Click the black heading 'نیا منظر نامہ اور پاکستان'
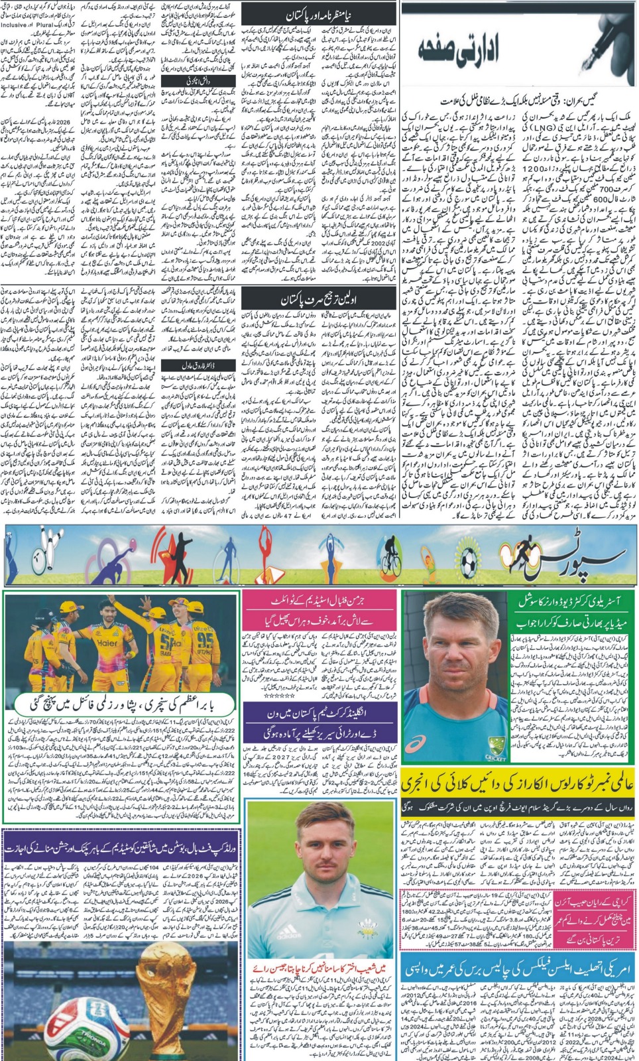pyautogui.click(x=318, y=14)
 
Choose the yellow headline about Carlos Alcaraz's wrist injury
pyautogui.click(x=516, y=786)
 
